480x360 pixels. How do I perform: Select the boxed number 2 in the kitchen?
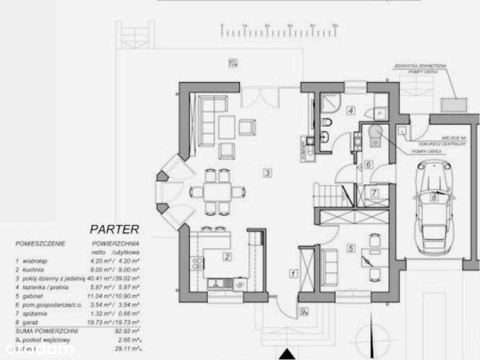pyautogui.click(x=227, y=257)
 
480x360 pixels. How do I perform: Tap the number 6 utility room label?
pyautogui.click(x=369, y=164)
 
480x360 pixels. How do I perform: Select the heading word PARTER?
pyautogui.click(x=114, y=229)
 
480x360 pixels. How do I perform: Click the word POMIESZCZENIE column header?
pyautogui.click(x=40, y=244)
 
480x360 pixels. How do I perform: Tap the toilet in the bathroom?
pyautogui.click(x=325, y=124)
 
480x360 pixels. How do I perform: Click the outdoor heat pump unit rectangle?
pyautogui.click(x=454, y=104)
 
